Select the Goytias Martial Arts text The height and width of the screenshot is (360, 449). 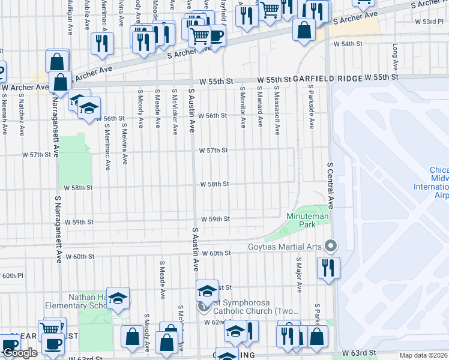click(x=285, y=246)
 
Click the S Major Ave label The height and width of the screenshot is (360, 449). click(x=298, y=275)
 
